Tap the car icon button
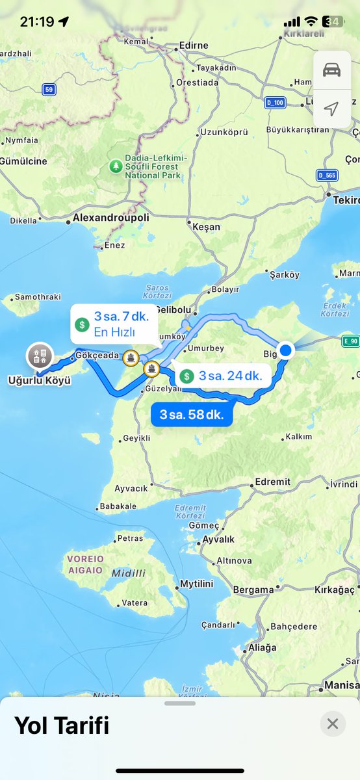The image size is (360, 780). point(331,70)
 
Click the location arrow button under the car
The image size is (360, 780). point(331,109)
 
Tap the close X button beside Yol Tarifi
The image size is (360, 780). point(333,723)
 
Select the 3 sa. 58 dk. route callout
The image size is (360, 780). point(191,414)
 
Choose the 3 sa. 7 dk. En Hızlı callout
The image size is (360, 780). point(113,324)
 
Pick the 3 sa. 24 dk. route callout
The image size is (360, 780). point(222,376)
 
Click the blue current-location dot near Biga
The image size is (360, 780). point(285,350)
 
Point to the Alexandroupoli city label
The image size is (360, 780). point(111,218)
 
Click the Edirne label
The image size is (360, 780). point(195,45)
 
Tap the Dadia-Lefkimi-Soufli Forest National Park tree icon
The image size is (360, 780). point(116,166)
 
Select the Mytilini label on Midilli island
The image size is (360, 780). point(196,584)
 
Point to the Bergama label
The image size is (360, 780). point(253,590)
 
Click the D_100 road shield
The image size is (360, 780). point(274,103)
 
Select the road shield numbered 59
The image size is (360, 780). point(49,89)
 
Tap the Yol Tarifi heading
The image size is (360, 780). point(62,725)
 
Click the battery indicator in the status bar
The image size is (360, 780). point(332,21)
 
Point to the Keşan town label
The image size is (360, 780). point(206,227)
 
